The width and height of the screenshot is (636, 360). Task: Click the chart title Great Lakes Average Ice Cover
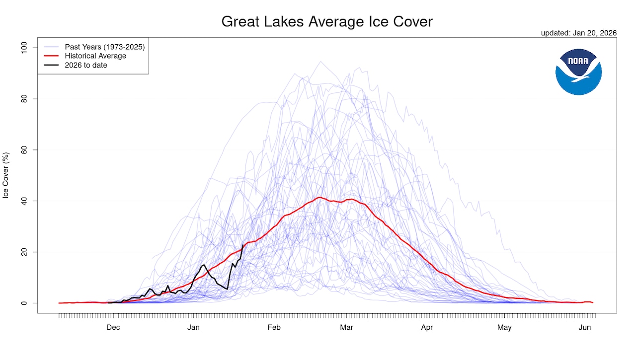pyautogui.click(x=327, y=22)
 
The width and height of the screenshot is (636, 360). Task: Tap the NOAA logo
pyautogui.click(x=578, y=72)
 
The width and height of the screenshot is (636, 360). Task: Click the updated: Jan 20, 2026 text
pyautogui.click(x=579, y=33)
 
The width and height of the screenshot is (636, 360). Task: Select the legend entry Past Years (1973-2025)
pyautogui.click(x=104, y=47)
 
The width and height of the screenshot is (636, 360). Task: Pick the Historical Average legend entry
pyautogui.click(x=95, y=56)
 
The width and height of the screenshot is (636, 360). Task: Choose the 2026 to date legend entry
pyautogui.click(x=86, y=65)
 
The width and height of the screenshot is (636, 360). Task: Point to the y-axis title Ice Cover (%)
pyautogui.click(x=6, y=175)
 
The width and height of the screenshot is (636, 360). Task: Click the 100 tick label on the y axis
pyautogui.click(x=22, y=48)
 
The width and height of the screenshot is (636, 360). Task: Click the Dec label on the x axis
pyautogui.click(x=113, y=327)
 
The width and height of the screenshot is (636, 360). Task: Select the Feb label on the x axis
pyautogui.click(x=274, y=327)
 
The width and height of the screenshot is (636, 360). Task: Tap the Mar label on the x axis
pyautogui.click(x=346, y=327)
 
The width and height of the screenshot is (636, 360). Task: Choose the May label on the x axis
pyautogui.click(x=504, y=327)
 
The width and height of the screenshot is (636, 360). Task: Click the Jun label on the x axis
pyautogui.click(x=585, y=327)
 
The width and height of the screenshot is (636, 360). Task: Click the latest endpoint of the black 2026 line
pyautogui.click(x=243, y=245)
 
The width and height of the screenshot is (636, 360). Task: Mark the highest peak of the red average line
pyautogui.click(x=320, y=198)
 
